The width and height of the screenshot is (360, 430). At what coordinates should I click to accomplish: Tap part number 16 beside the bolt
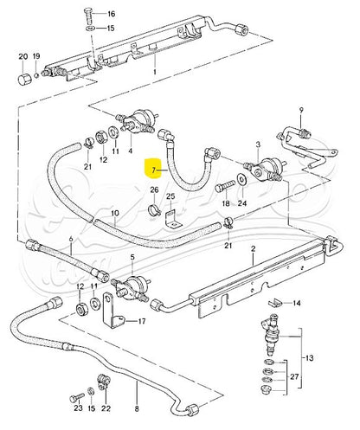tap(110, 15)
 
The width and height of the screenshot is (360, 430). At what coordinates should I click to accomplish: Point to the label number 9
tap(302, 110)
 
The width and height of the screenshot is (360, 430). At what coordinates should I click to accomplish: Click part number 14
tap(298, 303)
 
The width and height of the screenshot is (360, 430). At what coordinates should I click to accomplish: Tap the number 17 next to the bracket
tap(143, 320)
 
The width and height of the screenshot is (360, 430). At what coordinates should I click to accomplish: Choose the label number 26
tap(153, 190)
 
